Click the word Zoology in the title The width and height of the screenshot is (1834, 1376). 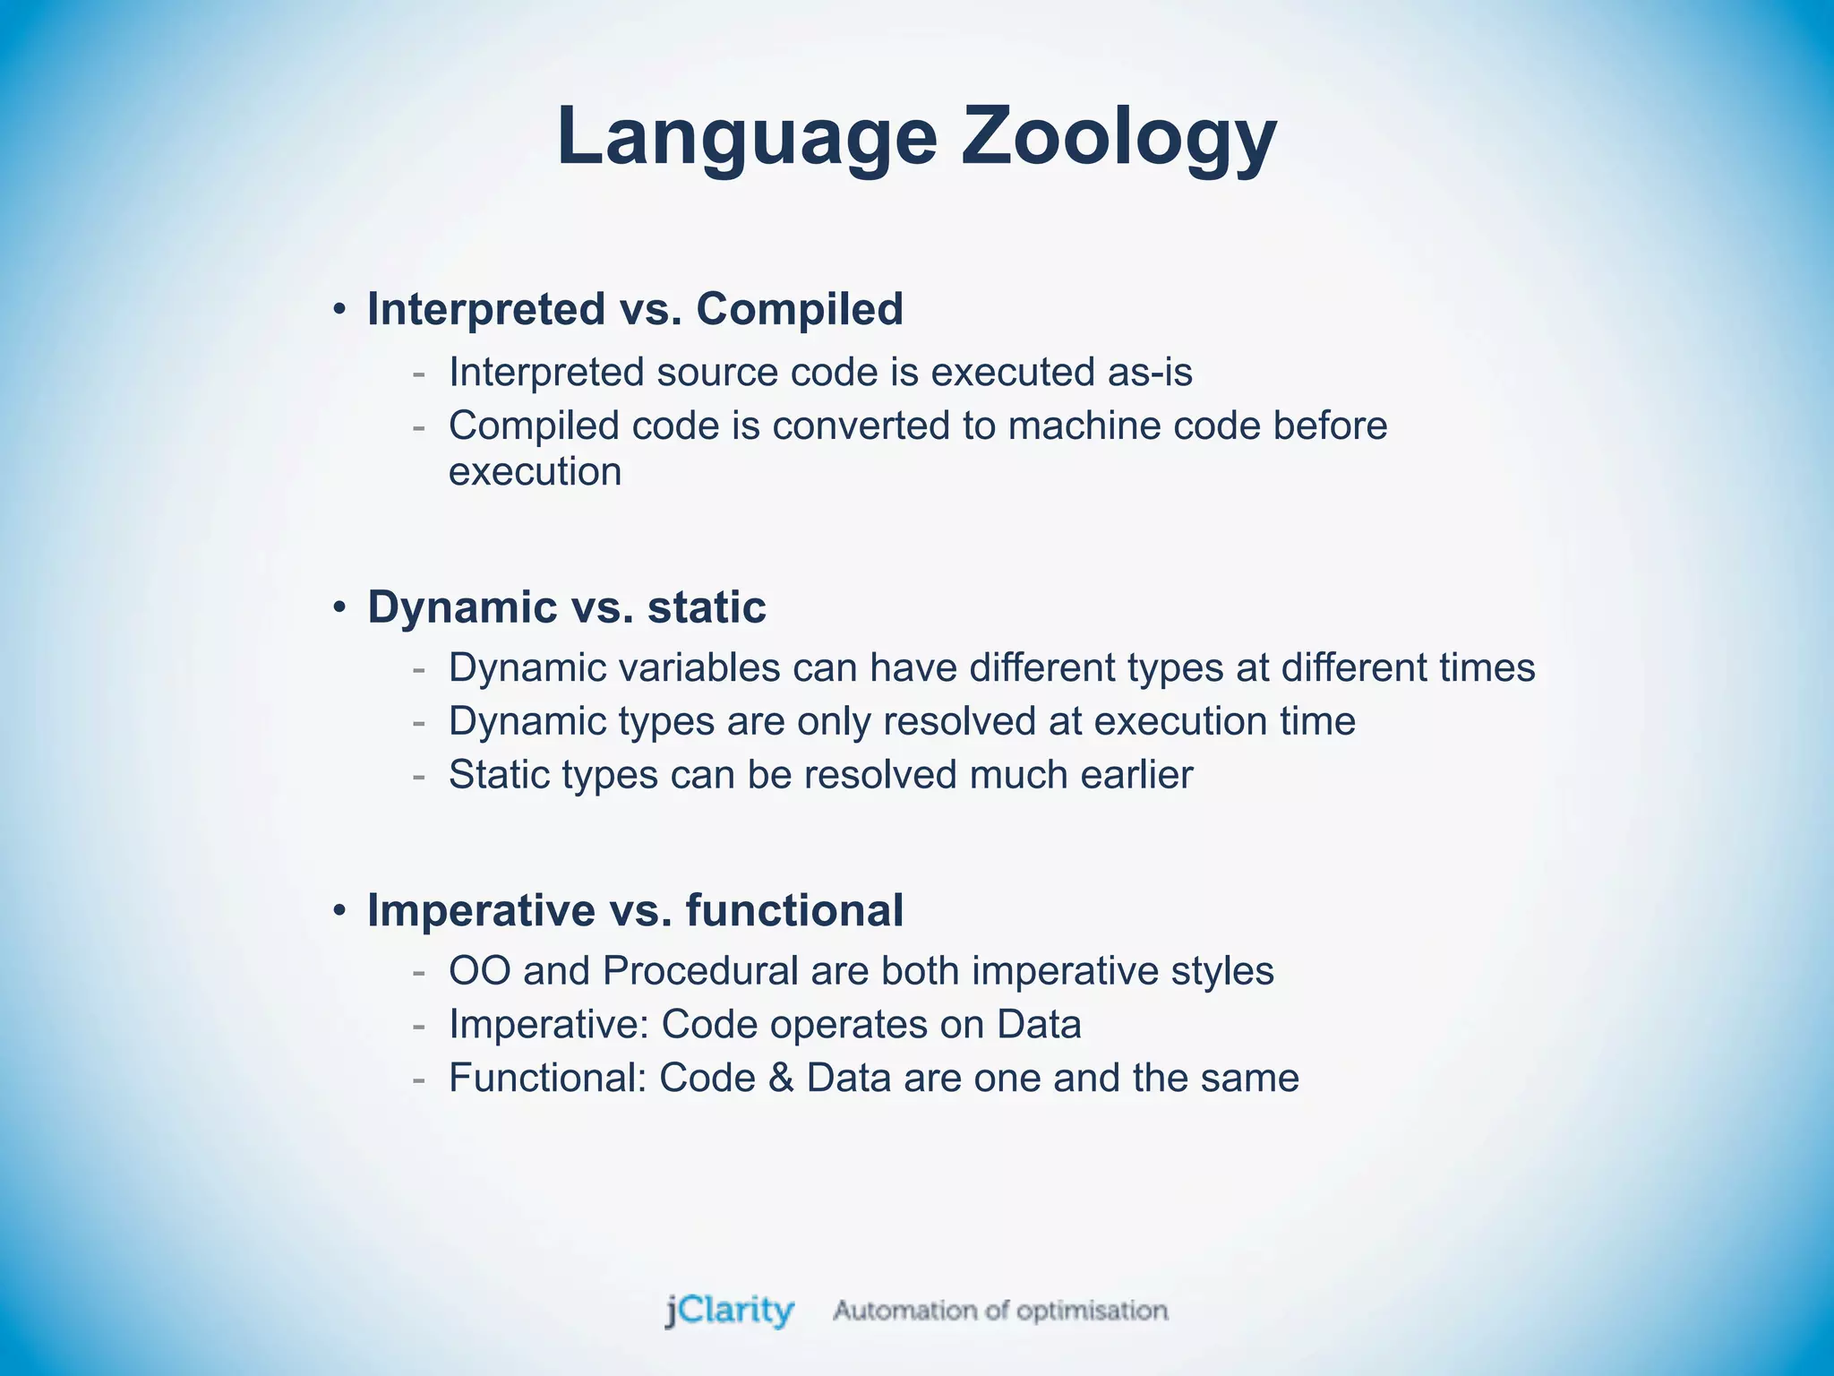pos(1118,137)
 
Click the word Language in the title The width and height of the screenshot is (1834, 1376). pos(747,137)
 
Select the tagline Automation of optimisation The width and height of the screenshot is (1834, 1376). pos(1000,1311)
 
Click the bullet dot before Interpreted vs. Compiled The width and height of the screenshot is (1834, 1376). pos(339,310)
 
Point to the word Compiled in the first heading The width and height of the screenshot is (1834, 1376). pos(799,309)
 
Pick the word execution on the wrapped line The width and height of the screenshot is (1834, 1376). pos(535,472)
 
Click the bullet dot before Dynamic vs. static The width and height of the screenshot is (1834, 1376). pos(339,608)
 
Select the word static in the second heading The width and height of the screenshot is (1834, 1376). pos(707,607)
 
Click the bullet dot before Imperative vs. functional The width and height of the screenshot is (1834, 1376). pos(339,911)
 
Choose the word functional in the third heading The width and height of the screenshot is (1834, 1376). pos(794,910)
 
